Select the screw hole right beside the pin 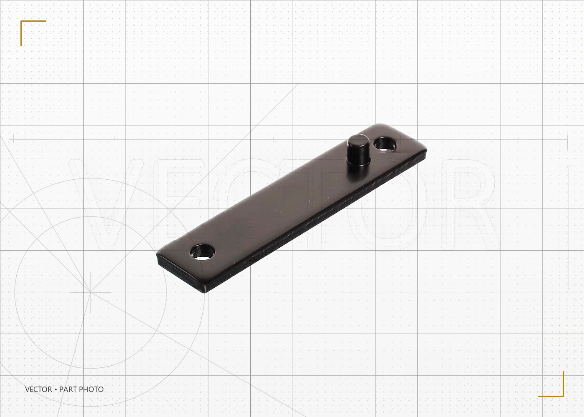(385, 144)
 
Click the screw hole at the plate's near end (203, 252)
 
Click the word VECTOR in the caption (38, 389)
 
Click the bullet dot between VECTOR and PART (55, 389)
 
